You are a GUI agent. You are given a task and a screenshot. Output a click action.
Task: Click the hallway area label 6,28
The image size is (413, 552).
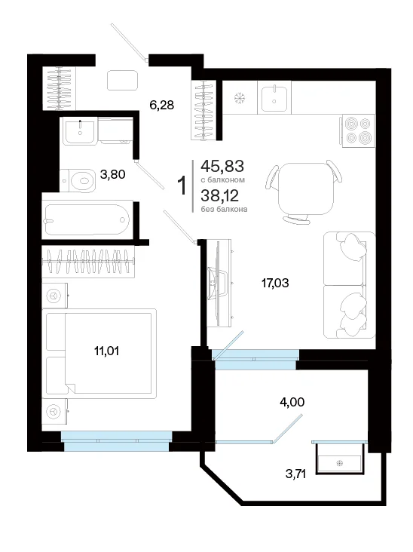[162, 105]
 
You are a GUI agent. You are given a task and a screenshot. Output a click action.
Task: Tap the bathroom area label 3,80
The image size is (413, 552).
[112, 174]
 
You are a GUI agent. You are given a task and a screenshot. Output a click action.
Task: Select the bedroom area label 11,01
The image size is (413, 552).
[106, 351]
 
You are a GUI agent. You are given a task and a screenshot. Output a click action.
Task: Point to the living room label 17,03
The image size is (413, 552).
[275, 283]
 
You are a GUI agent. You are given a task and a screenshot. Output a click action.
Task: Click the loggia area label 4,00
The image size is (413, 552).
[292, 402]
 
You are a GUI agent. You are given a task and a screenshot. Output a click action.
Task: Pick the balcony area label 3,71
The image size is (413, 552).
[295, 474]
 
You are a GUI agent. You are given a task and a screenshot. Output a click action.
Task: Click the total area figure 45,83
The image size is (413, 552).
[222, 166]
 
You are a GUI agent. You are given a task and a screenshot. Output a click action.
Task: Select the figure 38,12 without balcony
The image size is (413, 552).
[220, 195]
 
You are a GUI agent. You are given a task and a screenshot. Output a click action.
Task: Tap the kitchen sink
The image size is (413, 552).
[274, 97]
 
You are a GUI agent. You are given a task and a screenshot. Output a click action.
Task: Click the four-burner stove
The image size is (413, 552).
[357, 130]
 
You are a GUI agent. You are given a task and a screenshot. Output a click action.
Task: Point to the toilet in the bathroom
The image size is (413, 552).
[78, 181]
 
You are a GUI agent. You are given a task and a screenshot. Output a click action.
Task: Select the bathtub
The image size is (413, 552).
[87, 219]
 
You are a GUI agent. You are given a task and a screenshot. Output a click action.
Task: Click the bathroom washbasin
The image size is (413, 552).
[80, 132]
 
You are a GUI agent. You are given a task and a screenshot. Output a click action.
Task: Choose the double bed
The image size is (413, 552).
[101, 353]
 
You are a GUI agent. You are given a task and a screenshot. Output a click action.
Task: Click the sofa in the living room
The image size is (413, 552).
[350, 285]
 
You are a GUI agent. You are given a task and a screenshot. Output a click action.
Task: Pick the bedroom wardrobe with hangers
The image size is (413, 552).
[88, 262]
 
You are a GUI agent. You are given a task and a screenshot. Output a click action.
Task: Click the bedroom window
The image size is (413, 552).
[117, 441]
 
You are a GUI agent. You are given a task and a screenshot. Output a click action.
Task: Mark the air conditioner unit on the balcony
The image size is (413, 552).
[340, 458]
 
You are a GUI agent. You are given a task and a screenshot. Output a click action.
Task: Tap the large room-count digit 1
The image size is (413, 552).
[182, 186]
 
